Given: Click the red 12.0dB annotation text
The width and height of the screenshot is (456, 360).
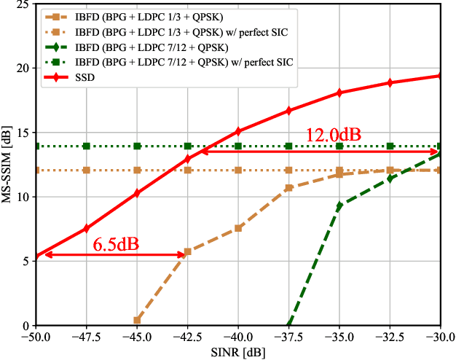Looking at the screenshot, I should (x=333, y=135).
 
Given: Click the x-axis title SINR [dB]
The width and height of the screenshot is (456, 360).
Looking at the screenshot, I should (x=238, y=352).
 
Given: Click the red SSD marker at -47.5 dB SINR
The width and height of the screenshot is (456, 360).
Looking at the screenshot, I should (x=87, y=228).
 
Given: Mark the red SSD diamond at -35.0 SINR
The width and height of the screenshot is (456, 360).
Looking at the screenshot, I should (x=339, y=93).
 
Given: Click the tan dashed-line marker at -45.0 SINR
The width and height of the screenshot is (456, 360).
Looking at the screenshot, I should (x=137, y=320).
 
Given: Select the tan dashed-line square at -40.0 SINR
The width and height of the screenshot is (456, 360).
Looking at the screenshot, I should (x=238, y=228).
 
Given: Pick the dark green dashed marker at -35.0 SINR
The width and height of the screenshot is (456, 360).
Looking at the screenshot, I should (x=339, y=206).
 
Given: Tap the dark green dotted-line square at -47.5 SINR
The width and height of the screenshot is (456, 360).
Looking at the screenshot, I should (x=87, y=146).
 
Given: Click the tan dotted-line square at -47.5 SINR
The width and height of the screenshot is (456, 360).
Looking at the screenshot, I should (x=87, y=171).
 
